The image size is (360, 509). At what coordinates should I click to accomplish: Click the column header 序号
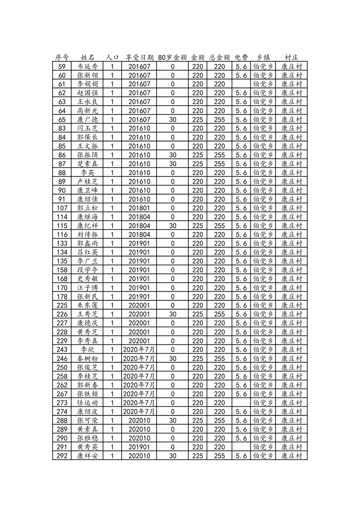(62, 58)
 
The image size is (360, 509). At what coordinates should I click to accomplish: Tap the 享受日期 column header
(139, 58)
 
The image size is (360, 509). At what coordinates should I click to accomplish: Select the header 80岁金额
(173, 58)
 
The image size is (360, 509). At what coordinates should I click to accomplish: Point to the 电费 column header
(242, 58)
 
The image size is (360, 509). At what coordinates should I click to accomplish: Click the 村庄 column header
(291, 58)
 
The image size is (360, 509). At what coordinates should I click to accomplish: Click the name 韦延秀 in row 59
(88, 66)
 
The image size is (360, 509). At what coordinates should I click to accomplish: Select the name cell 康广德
(88, 119)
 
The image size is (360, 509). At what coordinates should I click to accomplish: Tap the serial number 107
(62, 208)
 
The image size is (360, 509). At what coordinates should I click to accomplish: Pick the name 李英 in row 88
(88, 172)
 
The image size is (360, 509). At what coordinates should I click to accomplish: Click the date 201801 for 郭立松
(139, 208)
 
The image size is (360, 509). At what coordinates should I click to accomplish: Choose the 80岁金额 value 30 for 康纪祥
(173, 225)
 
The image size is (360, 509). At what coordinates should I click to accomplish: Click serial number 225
(62, 305)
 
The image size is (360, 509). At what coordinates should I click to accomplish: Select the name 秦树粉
(88, 358)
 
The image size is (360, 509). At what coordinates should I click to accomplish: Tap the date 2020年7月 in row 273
(139, 403)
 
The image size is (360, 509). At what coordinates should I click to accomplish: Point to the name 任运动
(88, 403)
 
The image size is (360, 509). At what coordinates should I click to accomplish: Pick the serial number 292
(62, 456)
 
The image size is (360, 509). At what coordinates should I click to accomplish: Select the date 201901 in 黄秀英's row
(139, 447)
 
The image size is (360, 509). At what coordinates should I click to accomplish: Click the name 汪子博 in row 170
(88, 288)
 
